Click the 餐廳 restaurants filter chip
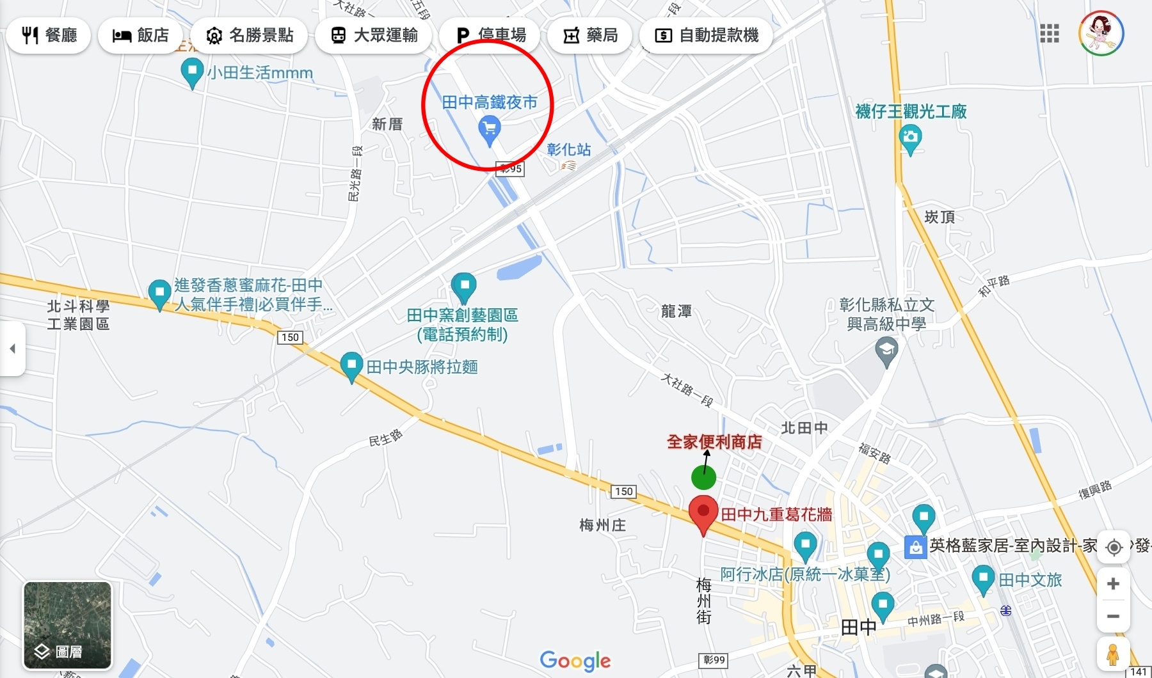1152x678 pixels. (49, 35)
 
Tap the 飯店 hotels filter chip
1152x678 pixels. (141, 35)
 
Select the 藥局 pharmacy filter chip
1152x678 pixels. (590, 35)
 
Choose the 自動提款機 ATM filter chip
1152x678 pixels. (706, 35)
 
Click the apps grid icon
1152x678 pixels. (1049, 33)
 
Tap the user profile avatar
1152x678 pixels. (1101, 33)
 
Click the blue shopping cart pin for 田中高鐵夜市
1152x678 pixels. (490, 130)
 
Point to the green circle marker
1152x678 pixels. (703, 478)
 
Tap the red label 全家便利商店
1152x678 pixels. (714, 441)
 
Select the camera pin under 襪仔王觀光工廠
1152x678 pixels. (910, 138)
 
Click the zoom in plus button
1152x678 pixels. (1113, 583)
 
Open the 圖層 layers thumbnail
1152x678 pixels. (67, 625)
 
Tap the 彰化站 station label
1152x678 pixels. (568, 150)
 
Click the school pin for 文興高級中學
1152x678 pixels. (886, 351)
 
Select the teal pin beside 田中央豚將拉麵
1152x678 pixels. (351, 367)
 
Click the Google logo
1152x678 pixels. (575, 661)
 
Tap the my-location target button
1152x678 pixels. (1114, 548)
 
